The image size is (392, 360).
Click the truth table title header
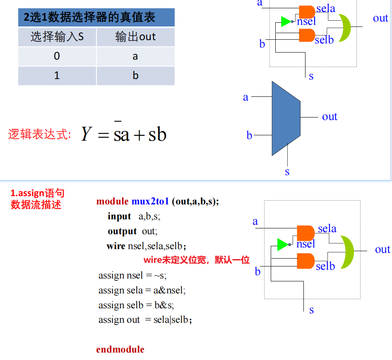tap(96, 17)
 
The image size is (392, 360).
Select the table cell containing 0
tap(57, 56)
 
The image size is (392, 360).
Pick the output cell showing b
tap(135, 76)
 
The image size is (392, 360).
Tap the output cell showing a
tap(135, 56)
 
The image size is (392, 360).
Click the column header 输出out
tap(135, 37)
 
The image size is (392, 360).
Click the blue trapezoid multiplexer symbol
tap(286, 118)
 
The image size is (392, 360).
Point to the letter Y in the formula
tap(87, 134)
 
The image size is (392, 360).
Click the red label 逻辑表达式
tap(39, 134)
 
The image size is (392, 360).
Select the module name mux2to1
tap(150, 202)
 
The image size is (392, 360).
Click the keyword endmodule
tap(120, 349)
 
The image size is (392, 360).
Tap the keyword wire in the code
tap(116, 246)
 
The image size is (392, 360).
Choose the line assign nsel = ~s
tap(132, 275)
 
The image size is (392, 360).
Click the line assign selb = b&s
tap(136, 305)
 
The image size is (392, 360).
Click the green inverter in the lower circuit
tap(284, 245)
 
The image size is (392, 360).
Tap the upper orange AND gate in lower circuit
tap(305, 233)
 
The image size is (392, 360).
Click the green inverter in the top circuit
tap(287, 22)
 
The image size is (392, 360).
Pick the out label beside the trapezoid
tap(330, 117)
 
